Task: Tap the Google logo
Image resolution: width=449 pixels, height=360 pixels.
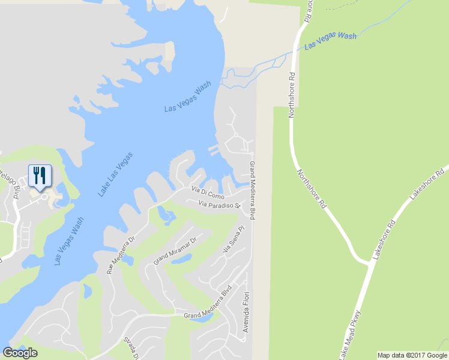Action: [20, 353]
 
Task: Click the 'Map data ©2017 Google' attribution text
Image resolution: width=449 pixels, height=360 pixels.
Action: [412, 355]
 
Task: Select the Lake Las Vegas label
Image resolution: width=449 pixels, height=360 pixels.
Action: [115, 175]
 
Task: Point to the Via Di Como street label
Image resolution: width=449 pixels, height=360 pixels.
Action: [207, 193]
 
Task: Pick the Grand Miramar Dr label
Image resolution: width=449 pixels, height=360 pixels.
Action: [175, 250]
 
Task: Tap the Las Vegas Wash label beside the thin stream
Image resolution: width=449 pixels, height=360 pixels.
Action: [330, 40]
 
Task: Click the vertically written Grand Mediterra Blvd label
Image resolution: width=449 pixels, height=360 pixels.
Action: [252, 190]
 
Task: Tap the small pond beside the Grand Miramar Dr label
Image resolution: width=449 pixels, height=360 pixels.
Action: [185, 259]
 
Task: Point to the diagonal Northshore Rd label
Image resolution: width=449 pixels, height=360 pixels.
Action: [311, 188]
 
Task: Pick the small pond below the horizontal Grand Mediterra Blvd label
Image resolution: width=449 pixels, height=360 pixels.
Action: [197, 319]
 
